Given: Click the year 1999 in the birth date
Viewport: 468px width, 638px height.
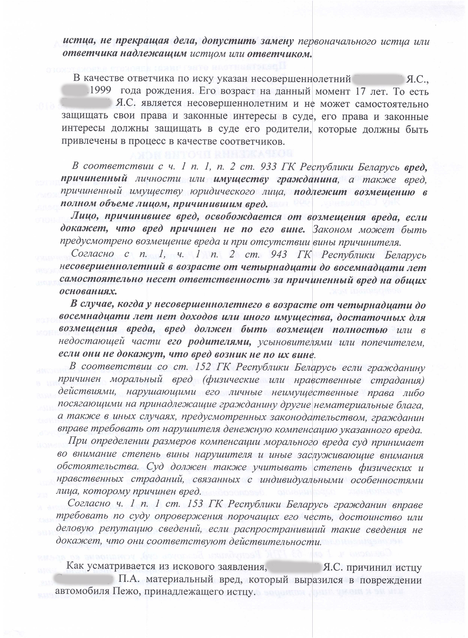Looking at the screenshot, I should pos(100,91).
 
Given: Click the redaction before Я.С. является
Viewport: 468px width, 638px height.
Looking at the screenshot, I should pos(86,103).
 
